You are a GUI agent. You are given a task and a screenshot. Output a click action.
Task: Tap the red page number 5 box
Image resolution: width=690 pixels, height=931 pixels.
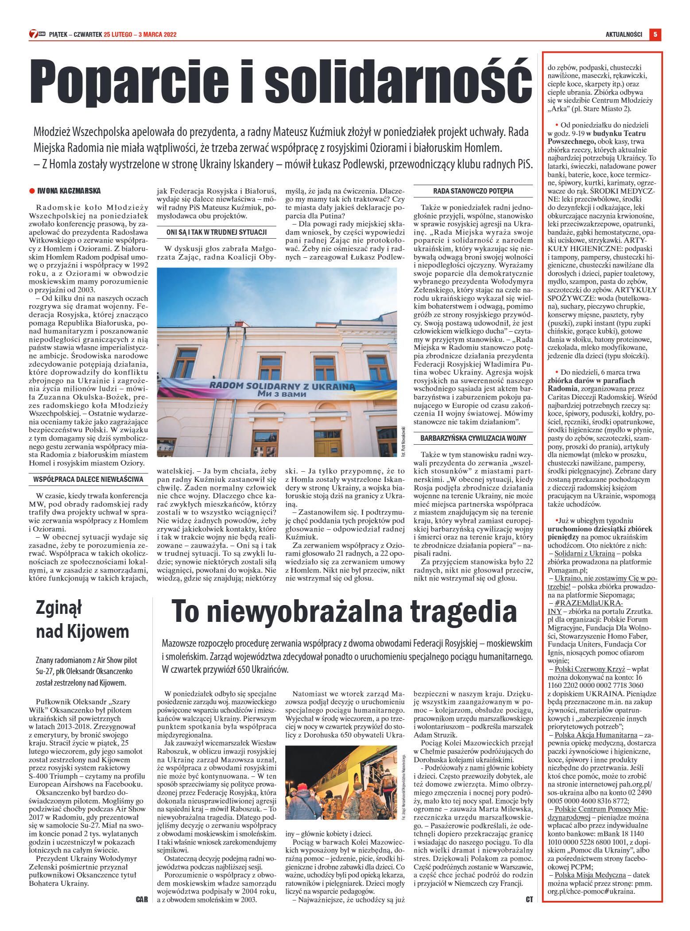655,34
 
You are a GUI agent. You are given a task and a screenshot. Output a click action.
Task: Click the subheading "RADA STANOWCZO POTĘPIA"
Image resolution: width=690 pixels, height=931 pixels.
473,191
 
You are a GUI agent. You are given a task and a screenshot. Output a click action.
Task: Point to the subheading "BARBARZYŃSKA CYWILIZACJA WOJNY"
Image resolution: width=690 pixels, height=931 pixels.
473,438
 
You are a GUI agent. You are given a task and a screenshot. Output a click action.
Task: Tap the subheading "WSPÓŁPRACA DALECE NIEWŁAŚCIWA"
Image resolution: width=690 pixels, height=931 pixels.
88,479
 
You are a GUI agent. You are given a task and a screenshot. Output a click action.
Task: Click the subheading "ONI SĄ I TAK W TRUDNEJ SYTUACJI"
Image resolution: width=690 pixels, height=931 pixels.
217,232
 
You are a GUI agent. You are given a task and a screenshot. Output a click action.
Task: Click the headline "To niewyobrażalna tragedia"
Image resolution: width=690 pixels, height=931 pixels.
344,612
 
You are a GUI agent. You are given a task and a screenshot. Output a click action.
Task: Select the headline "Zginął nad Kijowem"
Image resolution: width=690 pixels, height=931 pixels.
82,619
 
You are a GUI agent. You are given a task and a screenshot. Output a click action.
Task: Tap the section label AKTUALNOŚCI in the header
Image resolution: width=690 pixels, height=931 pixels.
624,34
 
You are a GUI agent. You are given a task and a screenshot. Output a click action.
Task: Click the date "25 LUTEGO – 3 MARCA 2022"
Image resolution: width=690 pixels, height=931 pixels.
140,34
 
